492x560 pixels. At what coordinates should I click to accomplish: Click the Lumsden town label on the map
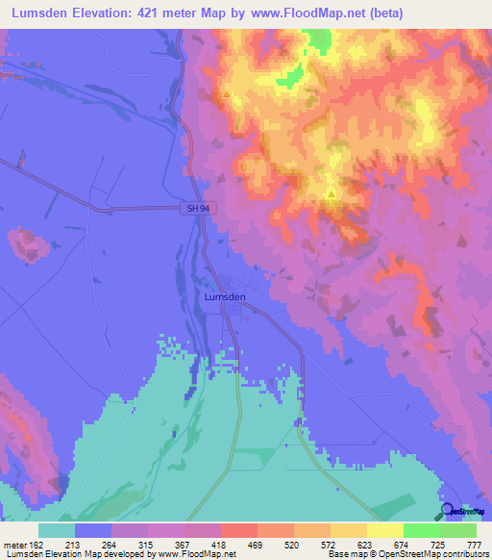226,297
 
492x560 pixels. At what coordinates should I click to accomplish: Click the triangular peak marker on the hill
332,194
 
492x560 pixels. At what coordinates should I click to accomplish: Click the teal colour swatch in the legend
57,530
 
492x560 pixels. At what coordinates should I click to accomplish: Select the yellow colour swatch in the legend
385,530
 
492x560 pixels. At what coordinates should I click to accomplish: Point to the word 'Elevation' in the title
97,13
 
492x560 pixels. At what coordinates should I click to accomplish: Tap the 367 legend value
182,545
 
